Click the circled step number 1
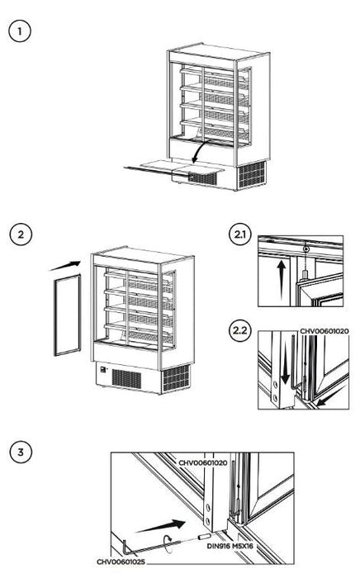click(x=20, y=31)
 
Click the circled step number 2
click(x=21, y=234)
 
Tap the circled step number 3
click(x=21, y=452)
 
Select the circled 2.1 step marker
click(x=240, y=234)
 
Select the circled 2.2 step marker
click(x=240, y=330)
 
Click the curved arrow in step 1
click(x=200, y=150)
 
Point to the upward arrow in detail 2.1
click(x=281, y=278)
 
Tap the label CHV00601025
click(x=121, y=561)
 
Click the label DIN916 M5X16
click(x=230, y=546)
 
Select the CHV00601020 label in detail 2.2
click(x=324, y=331)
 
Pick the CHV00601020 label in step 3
click(x=202, y=462)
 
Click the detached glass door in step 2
click(x=68, y=315)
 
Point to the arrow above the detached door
click(x=65, y=266)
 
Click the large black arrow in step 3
click(x=161, y=526)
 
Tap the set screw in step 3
click(x=204, y=537)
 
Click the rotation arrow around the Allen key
click(x=168, y=543)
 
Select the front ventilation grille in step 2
click(x=126, y=378)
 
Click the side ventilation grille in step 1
click(x=253, y=174)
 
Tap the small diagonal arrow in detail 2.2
click(x=327, y=398)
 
